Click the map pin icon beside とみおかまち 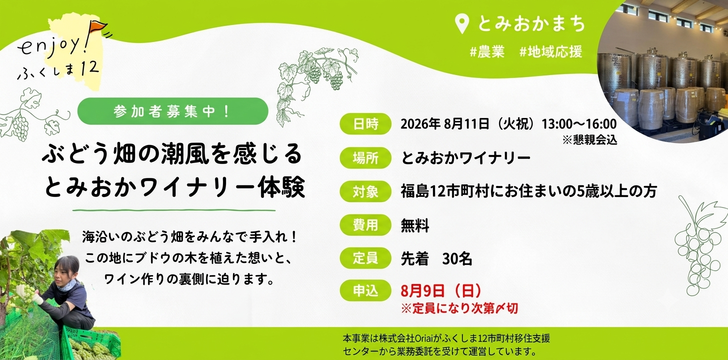pyautogui.click(x=461, y=24)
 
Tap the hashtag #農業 pyautogui.click(x=487, y=52)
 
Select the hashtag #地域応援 pyautogui.click(x=550, y=52)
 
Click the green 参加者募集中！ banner pyautogui.click(x=172, y=111)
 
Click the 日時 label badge pyautogui.click(x=365, y=124)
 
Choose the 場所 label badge pyautogui.click(x=365, y=158)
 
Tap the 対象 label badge pyautogui.click(x=365, y=191)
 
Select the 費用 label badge pyautogui.click(x=365, y=225)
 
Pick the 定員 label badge pyautogui.click(x=365, y=258)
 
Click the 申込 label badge pyautogui.click(x=365, y=290)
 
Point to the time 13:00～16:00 pyautogui.click(x=579, y=124)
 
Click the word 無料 pyautogui.click(x=415, y=225)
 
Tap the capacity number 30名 pyautogui.click(x=457, y=258)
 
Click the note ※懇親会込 pyautogui.click(x=589, y=139)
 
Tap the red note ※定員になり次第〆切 pyautogui.click(x=459, y=308)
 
